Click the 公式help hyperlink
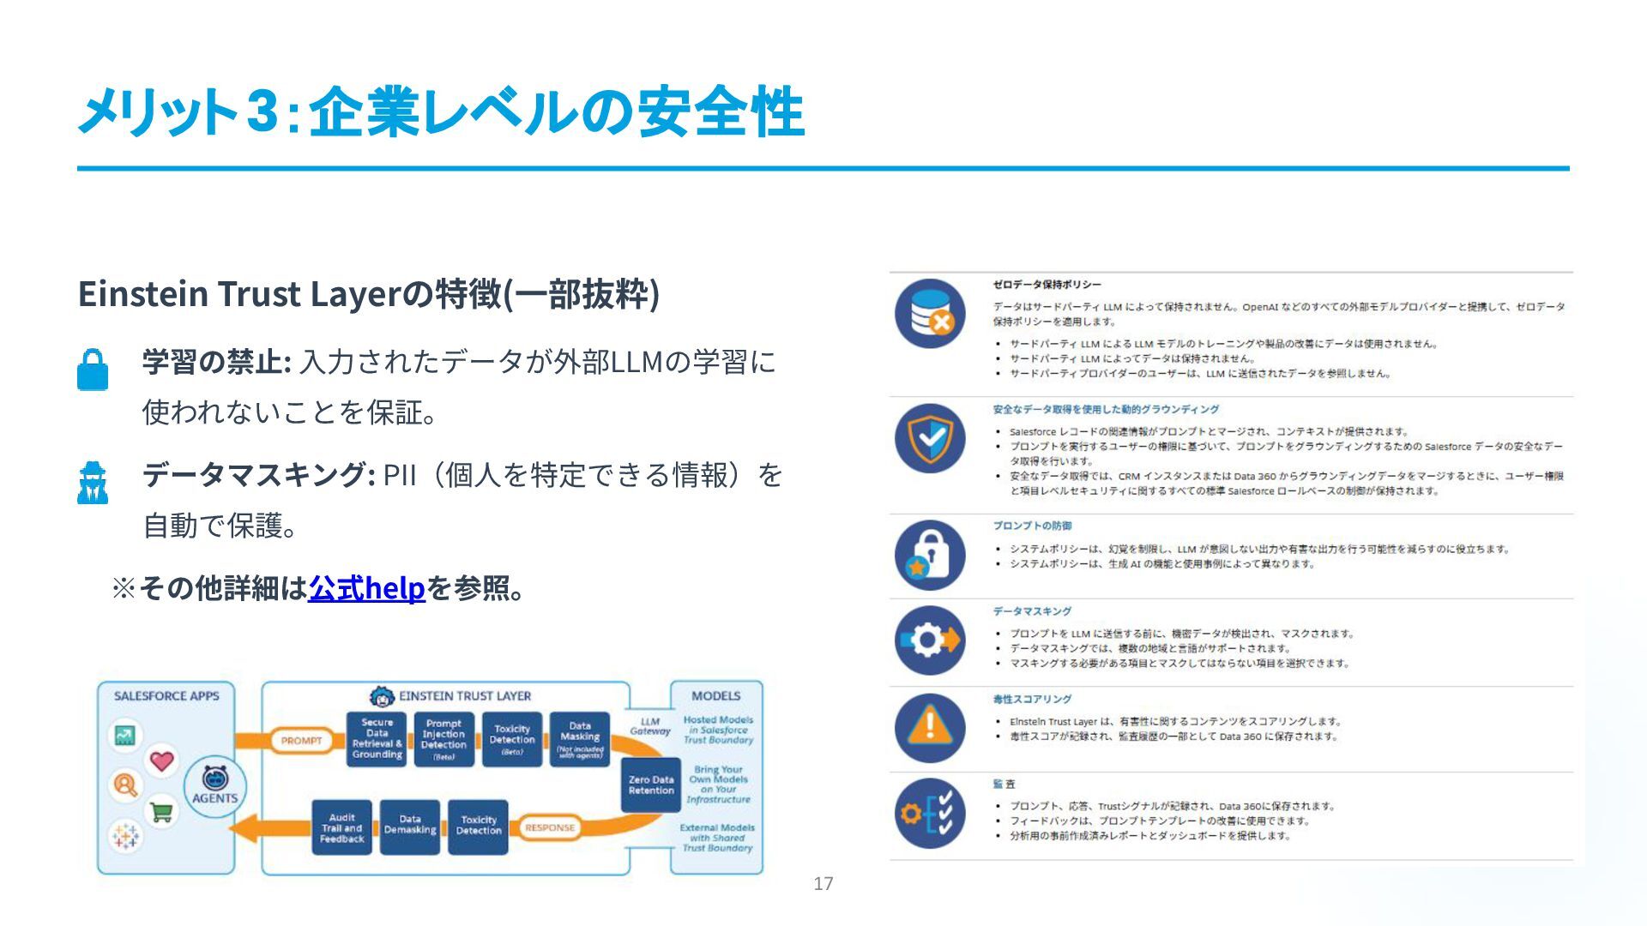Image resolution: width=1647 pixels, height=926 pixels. pyautogui.click(x=366, y=588)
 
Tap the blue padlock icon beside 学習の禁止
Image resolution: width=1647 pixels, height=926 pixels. pyautogui.click(x=93, y=370)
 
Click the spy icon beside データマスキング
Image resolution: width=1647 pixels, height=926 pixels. pyautogui.click(x=93, y=483)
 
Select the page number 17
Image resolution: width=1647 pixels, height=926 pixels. pyautogui.click(x=823, y=884)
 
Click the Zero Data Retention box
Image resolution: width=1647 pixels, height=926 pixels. pyautogui.click(x=651, y=785)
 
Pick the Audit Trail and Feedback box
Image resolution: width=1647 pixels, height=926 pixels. pyautogui.click(x=341, y=828)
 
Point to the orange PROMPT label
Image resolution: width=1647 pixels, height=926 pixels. pyautogui.click(x=301, y=741)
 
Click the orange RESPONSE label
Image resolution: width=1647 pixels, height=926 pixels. pyautogui.click(x=550, y=828)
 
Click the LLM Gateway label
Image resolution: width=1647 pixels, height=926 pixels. pyautogui.click(x=650, y=726)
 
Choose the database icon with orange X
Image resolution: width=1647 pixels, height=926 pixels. pyautogui.click(x=930, y=313)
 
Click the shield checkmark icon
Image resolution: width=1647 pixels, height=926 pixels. pyautogui.click(x=930, y=438)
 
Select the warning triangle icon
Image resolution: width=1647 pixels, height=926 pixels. pyautogui.click(x=930, y=727)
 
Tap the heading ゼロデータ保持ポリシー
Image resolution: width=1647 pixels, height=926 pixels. pyautogui.click(x=1047, y=285)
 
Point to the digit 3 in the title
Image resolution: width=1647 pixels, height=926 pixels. pyautogui.click(x=261, y=112)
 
